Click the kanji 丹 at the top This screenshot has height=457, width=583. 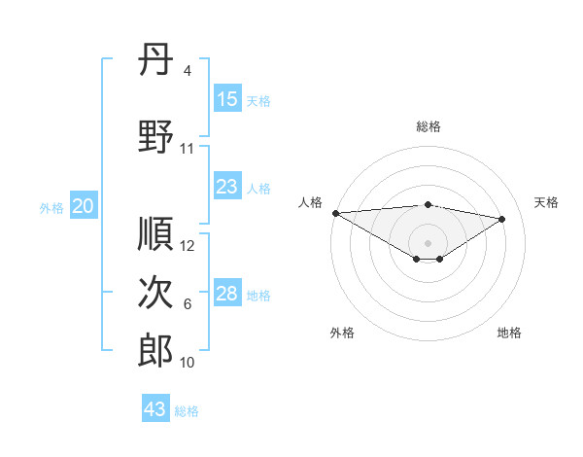[x=155, y=61]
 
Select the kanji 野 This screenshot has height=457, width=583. [x=155, y=137]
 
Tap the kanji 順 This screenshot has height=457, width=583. [x=155, y=234]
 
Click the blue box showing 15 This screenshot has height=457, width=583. [x=227, y=99]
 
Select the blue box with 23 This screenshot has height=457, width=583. [x=227, y=187]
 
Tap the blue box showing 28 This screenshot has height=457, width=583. [x=227, y=294]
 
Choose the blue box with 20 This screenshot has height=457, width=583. [x=84, y=206]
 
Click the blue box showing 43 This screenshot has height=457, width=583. [x=155, y=409]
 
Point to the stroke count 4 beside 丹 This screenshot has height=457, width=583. [x=187, y=71]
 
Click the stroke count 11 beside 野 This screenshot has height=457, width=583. [x=188, y=149]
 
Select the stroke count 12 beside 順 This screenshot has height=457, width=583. [x=188, y=246]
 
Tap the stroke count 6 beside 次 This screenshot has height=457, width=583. [x=187, y=304]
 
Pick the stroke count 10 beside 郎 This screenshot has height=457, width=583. [x=188, y=363]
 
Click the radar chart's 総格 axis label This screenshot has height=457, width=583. [x=428, y=126]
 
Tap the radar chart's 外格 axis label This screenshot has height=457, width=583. [x=342, y=333]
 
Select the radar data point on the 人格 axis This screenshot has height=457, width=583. [x=335, y=213]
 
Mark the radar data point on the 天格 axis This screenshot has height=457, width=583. [x=502, y=219]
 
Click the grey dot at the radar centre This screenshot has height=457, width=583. [x=428, y=241]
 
